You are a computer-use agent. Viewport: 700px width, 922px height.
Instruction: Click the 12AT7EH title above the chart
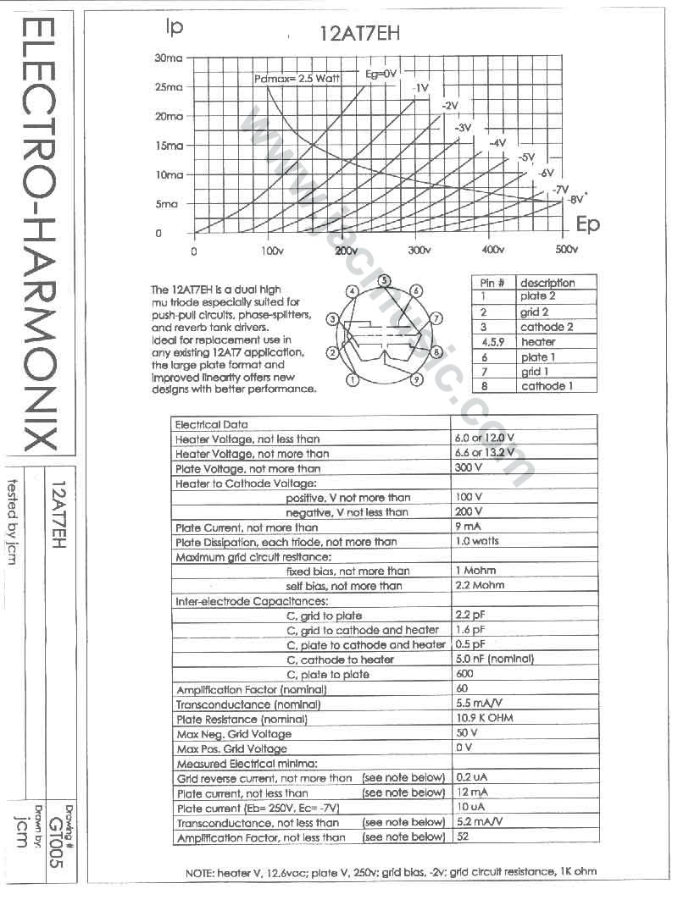pos(358,34)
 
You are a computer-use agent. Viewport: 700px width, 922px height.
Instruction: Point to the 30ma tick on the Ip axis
pos(169,58)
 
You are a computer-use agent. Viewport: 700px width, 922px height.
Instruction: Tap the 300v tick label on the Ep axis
pos(418,251)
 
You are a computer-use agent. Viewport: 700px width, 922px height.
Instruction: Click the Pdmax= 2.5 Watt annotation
pos(297,78)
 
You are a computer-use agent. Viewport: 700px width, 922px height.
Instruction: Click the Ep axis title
pos(587,224)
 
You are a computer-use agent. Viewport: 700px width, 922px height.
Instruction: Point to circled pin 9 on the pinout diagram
pos(417,380)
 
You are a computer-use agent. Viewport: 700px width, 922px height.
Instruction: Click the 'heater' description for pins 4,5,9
pos(538,342)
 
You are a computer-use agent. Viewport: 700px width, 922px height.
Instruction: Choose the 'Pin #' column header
pos(492,283)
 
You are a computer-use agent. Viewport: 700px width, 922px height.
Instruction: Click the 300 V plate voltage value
pos(469,467)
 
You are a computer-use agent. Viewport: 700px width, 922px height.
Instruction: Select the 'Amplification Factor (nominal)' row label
pos(239,689)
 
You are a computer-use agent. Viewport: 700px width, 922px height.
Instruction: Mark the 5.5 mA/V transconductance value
pos(479,704)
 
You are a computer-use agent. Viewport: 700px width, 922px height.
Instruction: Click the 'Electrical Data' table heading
pos(211,424)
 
